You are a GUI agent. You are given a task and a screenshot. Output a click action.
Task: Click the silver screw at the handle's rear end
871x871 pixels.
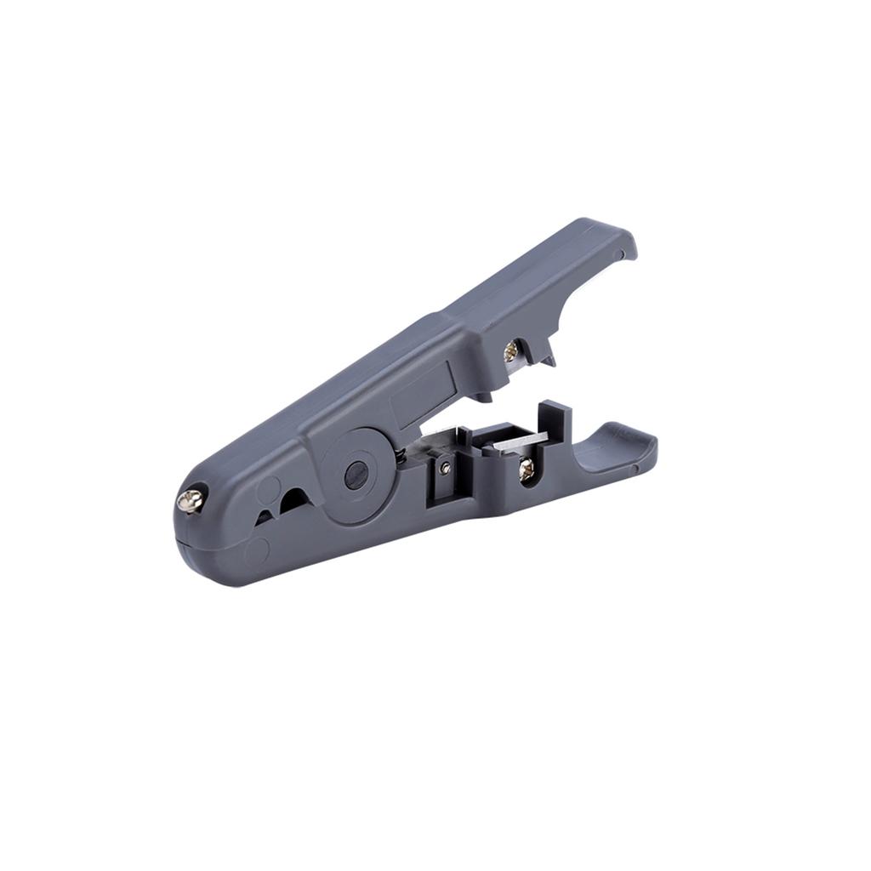click(x=191, y=500)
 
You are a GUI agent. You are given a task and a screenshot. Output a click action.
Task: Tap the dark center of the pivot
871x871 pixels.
click(x=356, y=475)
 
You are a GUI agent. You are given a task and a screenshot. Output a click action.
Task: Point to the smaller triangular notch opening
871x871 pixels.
click(x=265, y=515)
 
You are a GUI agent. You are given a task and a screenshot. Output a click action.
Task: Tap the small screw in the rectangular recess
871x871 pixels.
click(x=445, y=468)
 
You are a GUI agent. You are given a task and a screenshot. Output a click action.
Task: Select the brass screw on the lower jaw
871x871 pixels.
click(x=527, y=468)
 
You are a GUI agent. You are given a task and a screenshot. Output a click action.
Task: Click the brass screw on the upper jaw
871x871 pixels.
click(x=512, y=350)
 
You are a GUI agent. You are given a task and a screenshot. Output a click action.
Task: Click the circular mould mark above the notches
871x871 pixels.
click(x=269, y=488)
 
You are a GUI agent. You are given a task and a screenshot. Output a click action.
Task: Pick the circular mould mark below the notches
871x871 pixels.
click(x=257, y=550)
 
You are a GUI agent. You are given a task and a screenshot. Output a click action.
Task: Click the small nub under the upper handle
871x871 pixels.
click(x=481, y=396)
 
